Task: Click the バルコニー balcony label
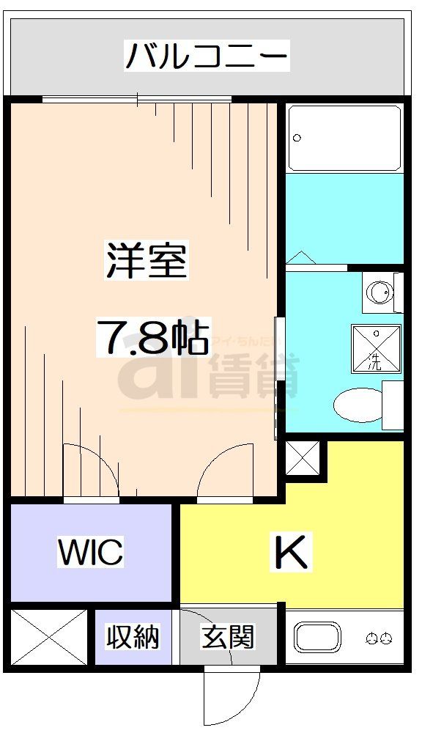[x=207, y=56]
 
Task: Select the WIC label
[x=91, y=553]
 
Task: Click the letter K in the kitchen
[x=291, y=552]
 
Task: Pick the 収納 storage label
[x=132, y=636]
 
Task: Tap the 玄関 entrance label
[x=228, y=637]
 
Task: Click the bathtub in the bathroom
[x=344, y=138]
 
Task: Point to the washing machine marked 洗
[x=376, y=345]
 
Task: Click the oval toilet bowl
[x=359, y=404]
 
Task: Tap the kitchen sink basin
[x=317, y=638]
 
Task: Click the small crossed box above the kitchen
[x=303, y=459]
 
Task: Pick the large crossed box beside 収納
[x=49, y=637]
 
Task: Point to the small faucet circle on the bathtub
[x=297, y=137]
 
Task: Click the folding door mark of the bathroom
[x=300, y=258]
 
